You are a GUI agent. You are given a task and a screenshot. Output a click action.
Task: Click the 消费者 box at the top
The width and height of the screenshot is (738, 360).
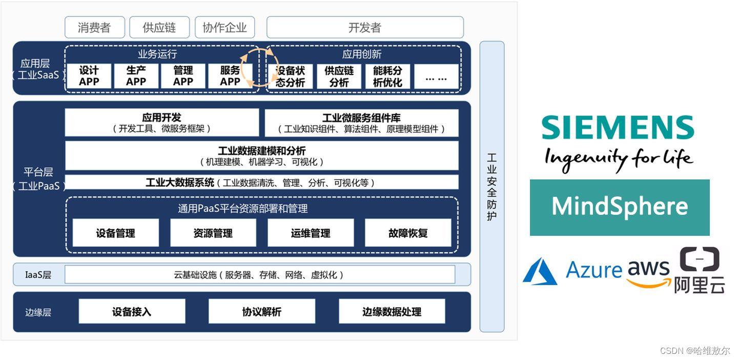click(94, 27)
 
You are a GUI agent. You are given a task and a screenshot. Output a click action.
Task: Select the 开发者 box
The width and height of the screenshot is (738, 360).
click(365, 27)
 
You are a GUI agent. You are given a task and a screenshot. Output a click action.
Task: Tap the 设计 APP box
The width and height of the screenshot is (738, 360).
click(89, 76)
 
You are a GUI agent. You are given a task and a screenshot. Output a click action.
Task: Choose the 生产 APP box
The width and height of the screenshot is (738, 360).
click(136, 76)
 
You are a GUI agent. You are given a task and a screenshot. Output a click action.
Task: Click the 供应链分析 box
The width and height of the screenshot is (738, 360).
click(339, 76)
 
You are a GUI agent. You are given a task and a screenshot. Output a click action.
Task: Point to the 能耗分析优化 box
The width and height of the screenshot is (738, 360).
click(387, 76)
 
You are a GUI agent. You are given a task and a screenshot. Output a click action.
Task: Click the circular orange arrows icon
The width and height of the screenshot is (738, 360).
click(260, 67)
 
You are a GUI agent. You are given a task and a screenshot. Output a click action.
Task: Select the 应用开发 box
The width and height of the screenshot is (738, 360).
click(162, 123)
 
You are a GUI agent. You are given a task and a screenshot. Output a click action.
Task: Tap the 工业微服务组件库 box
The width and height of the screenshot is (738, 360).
click(361, 123)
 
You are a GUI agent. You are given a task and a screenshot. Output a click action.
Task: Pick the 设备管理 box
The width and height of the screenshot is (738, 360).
click(115, 233)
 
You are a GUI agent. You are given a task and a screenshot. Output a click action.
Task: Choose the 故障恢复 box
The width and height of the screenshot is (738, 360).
click(408, 233)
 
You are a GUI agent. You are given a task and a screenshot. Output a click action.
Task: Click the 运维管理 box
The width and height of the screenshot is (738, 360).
click(311, 233)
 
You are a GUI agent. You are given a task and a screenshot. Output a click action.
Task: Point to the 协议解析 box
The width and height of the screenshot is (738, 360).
click(261, 311)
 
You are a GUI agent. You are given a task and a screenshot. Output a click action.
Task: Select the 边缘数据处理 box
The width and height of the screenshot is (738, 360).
click(392, 311)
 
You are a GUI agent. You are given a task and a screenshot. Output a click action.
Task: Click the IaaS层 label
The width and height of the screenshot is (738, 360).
click(38, 275)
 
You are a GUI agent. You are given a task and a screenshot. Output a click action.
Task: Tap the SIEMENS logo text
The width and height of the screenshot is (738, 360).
click(618, 127)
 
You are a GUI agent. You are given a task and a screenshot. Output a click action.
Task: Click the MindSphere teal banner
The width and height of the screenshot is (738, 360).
click(620, 207)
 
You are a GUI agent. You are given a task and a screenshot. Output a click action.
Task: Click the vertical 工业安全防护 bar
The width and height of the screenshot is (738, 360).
click(492, 187)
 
